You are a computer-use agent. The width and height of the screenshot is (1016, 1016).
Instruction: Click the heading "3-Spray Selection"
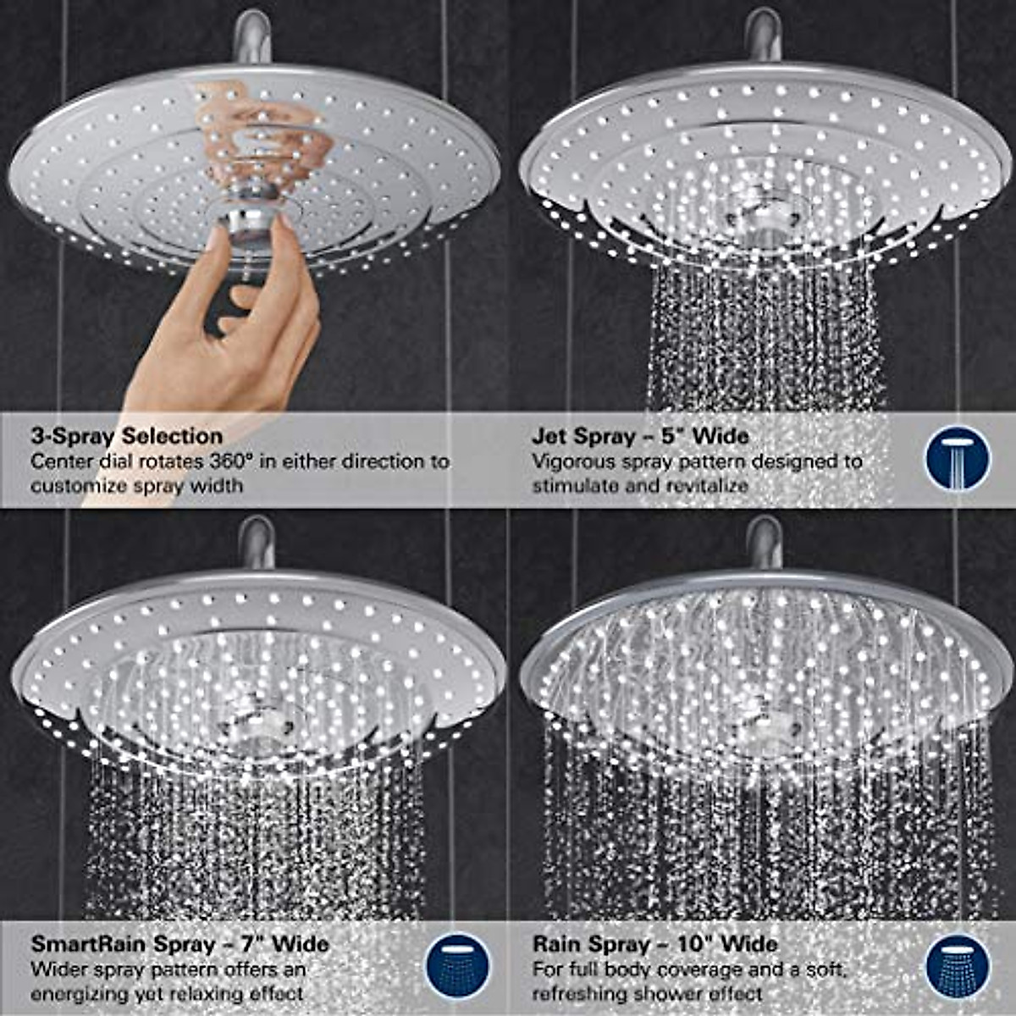click(126, 436)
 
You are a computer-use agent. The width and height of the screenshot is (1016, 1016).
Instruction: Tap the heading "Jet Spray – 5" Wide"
click(640, 436)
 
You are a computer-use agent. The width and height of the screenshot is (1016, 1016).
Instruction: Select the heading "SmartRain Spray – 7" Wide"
click(179, 943)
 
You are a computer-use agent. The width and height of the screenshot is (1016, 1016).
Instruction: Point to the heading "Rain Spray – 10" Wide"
click(654, 943)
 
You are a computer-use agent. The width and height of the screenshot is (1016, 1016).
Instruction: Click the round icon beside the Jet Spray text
click(957, 458)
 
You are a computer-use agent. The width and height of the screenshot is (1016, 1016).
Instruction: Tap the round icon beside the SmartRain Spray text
click(458, 965)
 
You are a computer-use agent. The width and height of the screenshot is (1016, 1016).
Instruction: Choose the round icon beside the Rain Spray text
click(957, 965)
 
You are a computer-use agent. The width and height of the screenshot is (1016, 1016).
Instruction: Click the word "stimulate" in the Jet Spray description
click(571, 486)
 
